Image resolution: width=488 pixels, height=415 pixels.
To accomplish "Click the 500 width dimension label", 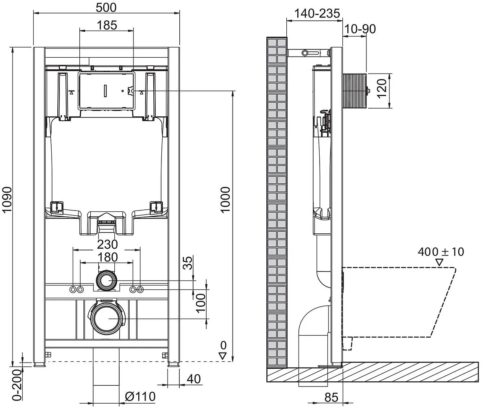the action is pos(106,8).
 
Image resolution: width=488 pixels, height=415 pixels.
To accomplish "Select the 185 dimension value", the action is pos(107,25).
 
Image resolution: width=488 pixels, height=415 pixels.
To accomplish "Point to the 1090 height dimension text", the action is pos(7,200).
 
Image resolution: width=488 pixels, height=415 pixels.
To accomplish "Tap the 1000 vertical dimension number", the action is pos(225,200).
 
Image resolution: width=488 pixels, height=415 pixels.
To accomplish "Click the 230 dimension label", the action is pos(107,244).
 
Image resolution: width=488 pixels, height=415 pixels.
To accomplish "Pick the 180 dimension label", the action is pos(108,257).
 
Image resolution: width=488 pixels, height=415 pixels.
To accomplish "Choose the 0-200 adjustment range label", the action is pos(17,385).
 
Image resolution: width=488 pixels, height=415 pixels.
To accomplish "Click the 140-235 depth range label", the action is pos(317,13).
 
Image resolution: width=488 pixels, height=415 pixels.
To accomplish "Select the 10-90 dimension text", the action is pos(360,29).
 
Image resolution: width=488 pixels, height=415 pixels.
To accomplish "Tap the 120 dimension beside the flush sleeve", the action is pos(382,89).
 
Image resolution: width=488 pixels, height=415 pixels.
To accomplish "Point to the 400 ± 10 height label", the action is pos(441,252).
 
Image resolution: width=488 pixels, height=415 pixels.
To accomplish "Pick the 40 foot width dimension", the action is pos(194,379).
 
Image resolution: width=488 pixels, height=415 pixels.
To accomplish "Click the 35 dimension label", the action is pos(188,263).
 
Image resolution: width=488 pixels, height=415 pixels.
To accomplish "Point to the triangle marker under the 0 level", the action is pos(223,356).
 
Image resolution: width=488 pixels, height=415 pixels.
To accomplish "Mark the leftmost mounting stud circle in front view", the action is pos(73,289).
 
